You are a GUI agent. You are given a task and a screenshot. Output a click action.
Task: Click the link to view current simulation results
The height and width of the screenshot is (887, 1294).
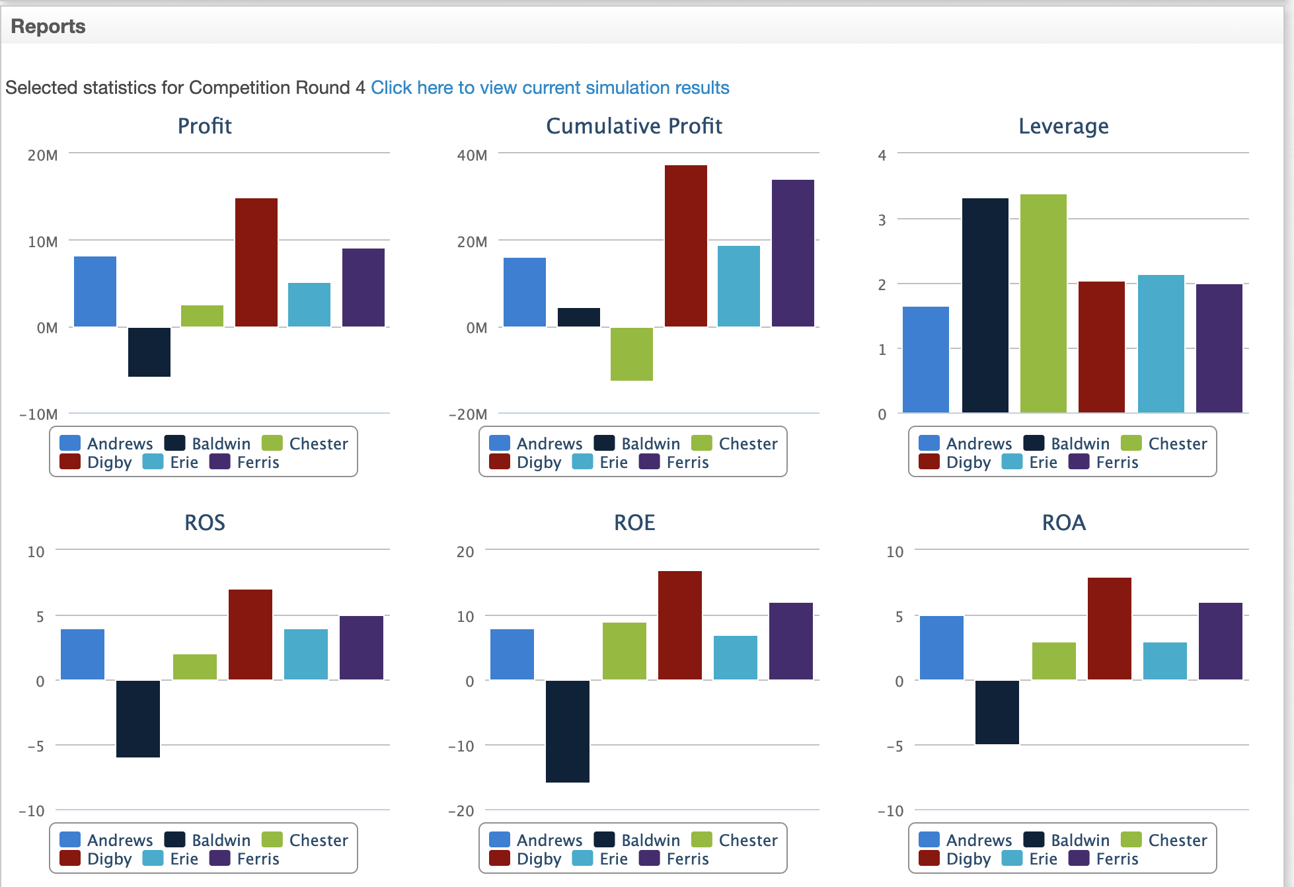coord(550,88)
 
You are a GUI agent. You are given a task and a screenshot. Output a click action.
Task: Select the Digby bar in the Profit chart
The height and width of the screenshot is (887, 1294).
coord(256,262)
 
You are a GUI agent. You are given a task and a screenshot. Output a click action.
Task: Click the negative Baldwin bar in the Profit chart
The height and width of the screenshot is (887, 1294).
coord(149,352)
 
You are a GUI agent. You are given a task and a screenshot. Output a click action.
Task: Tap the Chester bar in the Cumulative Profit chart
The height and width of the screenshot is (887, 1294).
coord(632,354)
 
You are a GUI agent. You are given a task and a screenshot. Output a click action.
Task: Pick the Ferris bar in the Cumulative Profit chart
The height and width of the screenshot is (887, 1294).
coord(793,253)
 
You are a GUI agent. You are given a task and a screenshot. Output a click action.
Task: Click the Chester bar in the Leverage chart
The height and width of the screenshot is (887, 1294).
coord(1044,303)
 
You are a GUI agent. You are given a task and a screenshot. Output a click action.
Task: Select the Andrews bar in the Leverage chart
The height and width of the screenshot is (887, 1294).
coord(926,360)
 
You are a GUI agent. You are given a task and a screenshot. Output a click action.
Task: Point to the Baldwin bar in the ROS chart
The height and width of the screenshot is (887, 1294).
coord(138,719)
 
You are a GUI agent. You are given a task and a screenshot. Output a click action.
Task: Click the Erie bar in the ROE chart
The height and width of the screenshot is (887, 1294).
coord(736,658)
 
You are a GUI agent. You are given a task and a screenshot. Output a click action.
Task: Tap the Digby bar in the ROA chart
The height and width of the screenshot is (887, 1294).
coord(1110,629)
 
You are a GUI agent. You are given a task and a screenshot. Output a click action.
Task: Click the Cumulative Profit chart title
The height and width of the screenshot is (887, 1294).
coord(634,126)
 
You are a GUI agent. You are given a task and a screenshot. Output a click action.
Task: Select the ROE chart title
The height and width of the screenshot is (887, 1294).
coord(634,523)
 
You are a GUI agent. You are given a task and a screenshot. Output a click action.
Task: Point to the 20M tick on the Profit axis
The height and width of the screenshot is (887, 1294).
coord(43,155)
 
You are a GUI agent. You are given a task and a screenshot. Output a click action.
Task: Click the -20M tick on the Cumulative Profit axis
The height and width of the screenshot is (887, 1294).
coord(468,414)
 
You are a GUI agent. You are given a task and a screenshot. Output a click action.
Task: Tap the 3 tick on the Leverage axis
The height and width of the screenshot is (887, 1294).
coord(882,220)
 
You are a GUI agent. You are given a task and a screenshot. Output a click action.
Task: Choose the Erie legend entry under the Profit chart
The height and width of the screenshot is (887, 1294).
coord(171,462)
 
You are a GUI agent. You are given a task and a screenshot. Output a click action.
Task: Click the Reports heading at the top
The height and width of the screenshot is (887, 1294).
coord(48,26)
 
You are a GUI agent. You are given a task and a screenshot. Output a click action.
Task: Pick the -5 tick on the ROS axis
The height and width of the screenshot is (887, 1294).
coord(36,746)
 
